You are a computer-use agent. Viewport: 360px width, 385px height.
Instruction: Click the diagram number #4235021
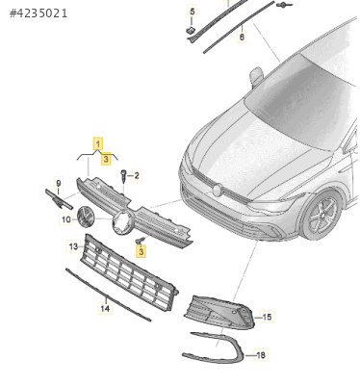click(39, 13)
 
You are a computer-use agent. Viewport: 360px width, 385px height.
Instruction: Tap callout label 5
click(192, 12)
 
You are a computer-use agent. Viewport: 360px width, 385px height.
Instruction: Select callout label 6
click(242, 37)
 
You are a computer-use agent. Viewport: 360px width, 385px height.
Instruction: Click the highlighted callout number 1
click(98, 143)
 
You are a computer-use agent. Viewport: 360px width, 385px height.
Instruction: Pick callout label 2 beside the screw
click(137, 175)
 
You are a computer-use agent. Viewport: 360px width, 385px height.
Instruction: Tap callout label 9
click(58, 183)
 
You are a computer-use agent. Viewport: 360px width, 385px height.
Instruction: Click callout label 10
click(66, 219)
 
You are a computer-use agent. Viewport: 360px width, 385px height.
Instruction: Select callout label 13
click(73, 246)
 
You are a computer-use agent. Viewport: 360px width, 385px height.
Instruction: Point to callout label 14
click(105, 308)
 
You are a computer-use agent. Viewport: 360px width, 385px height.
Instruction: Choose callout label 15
click(267, 317)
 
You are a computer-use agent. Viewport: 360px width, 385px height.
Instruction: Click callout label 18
click(261, 355)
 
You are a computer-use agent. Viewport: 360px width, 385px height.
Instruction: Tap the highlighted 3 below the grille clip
click(141, 251)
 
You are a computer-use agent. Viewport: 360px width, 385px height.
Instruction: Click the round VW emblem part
click(86, 217)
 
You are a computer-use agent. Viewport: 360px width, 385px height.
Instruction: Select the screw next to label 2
click(124, 176)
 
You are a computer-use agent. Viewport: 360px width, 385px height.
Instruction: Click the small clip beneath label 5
click(190, 31)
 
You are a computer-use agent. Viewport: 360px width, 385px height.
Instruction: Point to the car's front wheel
click(321, 216)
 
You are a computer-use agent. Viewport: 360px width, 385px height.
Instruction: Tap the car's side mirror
click(256, 76)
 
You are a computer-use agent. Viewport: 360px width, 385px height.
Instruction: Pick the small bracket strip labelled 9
click(59, 199)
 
